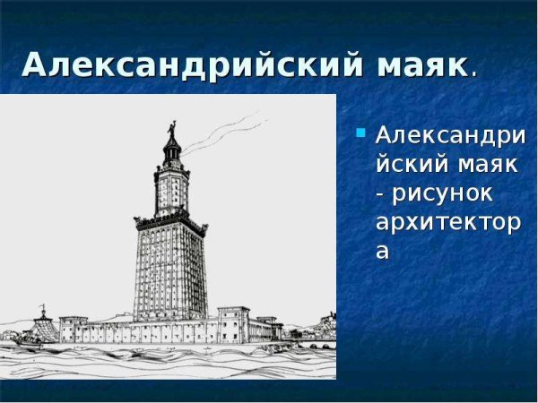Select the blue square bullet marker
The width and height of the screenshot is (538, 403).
pos(360,134)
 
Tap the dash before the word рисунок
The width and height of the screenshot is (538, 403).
pos(381,193)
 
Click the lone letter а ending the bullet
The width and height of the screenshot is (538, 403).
pos(383,251)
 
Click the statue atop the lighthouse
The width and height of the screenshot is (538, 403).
pos(171,131)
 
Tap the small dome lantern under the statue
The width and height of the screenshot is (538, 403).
pos(170,153)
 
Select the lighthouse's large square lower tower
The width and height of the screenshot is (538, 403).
pos(169,269)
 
